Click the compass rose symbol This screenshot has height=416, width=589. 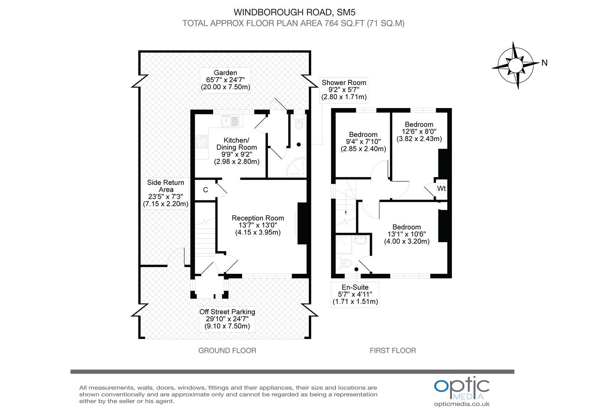[x=515, y=65]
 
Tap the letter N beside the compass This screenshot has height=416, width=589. [x=544, y=63]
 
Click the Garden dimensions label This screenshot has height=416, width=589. [x=226, y=80]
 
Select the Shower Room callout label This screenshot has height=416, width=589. [x=344, y=90]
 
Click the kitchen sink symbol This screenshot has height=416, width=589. [x=230, y=121]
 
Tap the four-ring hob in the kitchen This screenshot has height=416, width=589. [x=201, y=143]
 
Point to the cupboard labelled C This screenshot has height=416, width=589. [x=205, y=190]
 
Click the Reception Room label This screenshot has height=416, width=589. [x=257, y=225]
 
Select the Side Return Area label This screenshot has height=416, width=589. [x=166, y=193]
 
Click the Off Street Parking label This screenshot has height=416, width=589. [x=227, y=319]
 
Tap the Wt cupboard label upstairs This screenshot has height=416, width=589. [x=441, y=188]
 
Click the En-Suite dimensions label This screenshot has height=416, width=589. [x=355, y=294]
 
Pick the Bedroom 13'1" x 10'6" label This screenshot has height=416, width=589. [x=407, y=234]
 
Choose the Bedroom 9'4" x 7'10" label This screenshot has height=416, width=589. [x=363, y=141]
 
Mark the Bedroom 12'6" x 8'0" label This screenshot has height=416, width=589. [x=419, y=131]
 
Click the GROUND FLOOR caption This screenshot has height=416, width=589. [x=227, y=351]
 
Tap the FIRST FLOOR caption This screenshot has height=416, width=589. [x=392, y=351]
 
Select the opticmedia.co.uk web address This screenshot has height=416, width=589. [x=461, y=404]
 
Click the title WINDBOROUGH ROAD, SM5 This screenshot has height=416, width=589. [x=293, y=13]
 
